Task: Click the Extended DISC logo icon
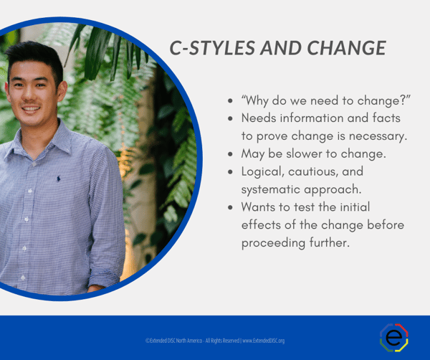pyautogui.click(x=393, y=338)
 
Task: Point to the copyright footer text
pyautogui.click(x=215, y=340)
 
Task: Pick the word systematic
pyautogui.click(x=273, y=189)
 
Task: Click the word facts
pyautogui.click(x=384, y=118)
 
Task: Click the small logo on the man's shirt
pyautogui.click(x=58, y=177)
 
